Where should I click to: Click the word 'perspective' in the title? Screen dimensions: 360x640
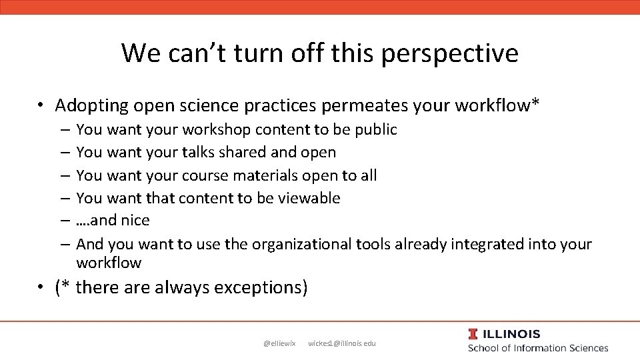point(450,53)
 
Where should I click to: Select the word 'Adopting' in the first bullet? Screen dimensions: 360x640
point(91,105)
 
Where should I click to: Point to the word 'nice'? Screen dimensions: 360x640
point(135,220)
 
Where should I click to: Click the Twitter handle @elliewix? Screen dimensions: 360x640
point(279,343)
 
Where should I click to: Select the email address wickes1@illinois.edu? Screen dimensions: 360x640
point(342,343)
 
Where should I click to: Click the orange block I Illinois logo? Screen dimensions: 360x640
point(473,334)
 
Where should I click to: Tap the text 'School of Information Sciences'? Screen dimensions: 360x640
point(538,348)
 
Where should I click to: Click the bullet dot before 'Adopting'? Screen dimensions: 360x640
point(41,105)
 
